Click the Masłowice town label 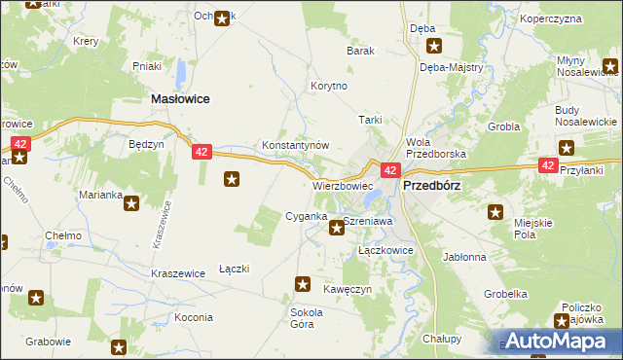point(180,99)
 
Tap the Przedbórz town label point(430,184)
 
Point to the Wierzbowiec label point(343,185)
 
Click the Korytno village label point(328,86)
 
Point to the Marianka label point(101,194)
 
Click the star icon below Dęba point(434,45)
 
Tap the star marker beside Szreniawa point(337,228)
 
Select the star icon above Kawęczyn point(302,284)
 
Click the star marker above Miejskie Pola point(496,212)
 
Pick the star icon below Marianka point(130,203)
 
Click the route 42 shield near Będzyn point(202,152)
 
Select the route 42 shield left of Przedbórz point(388,170)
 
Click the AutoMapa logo point(559,341)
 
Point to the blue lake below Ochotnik point(181,72)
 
